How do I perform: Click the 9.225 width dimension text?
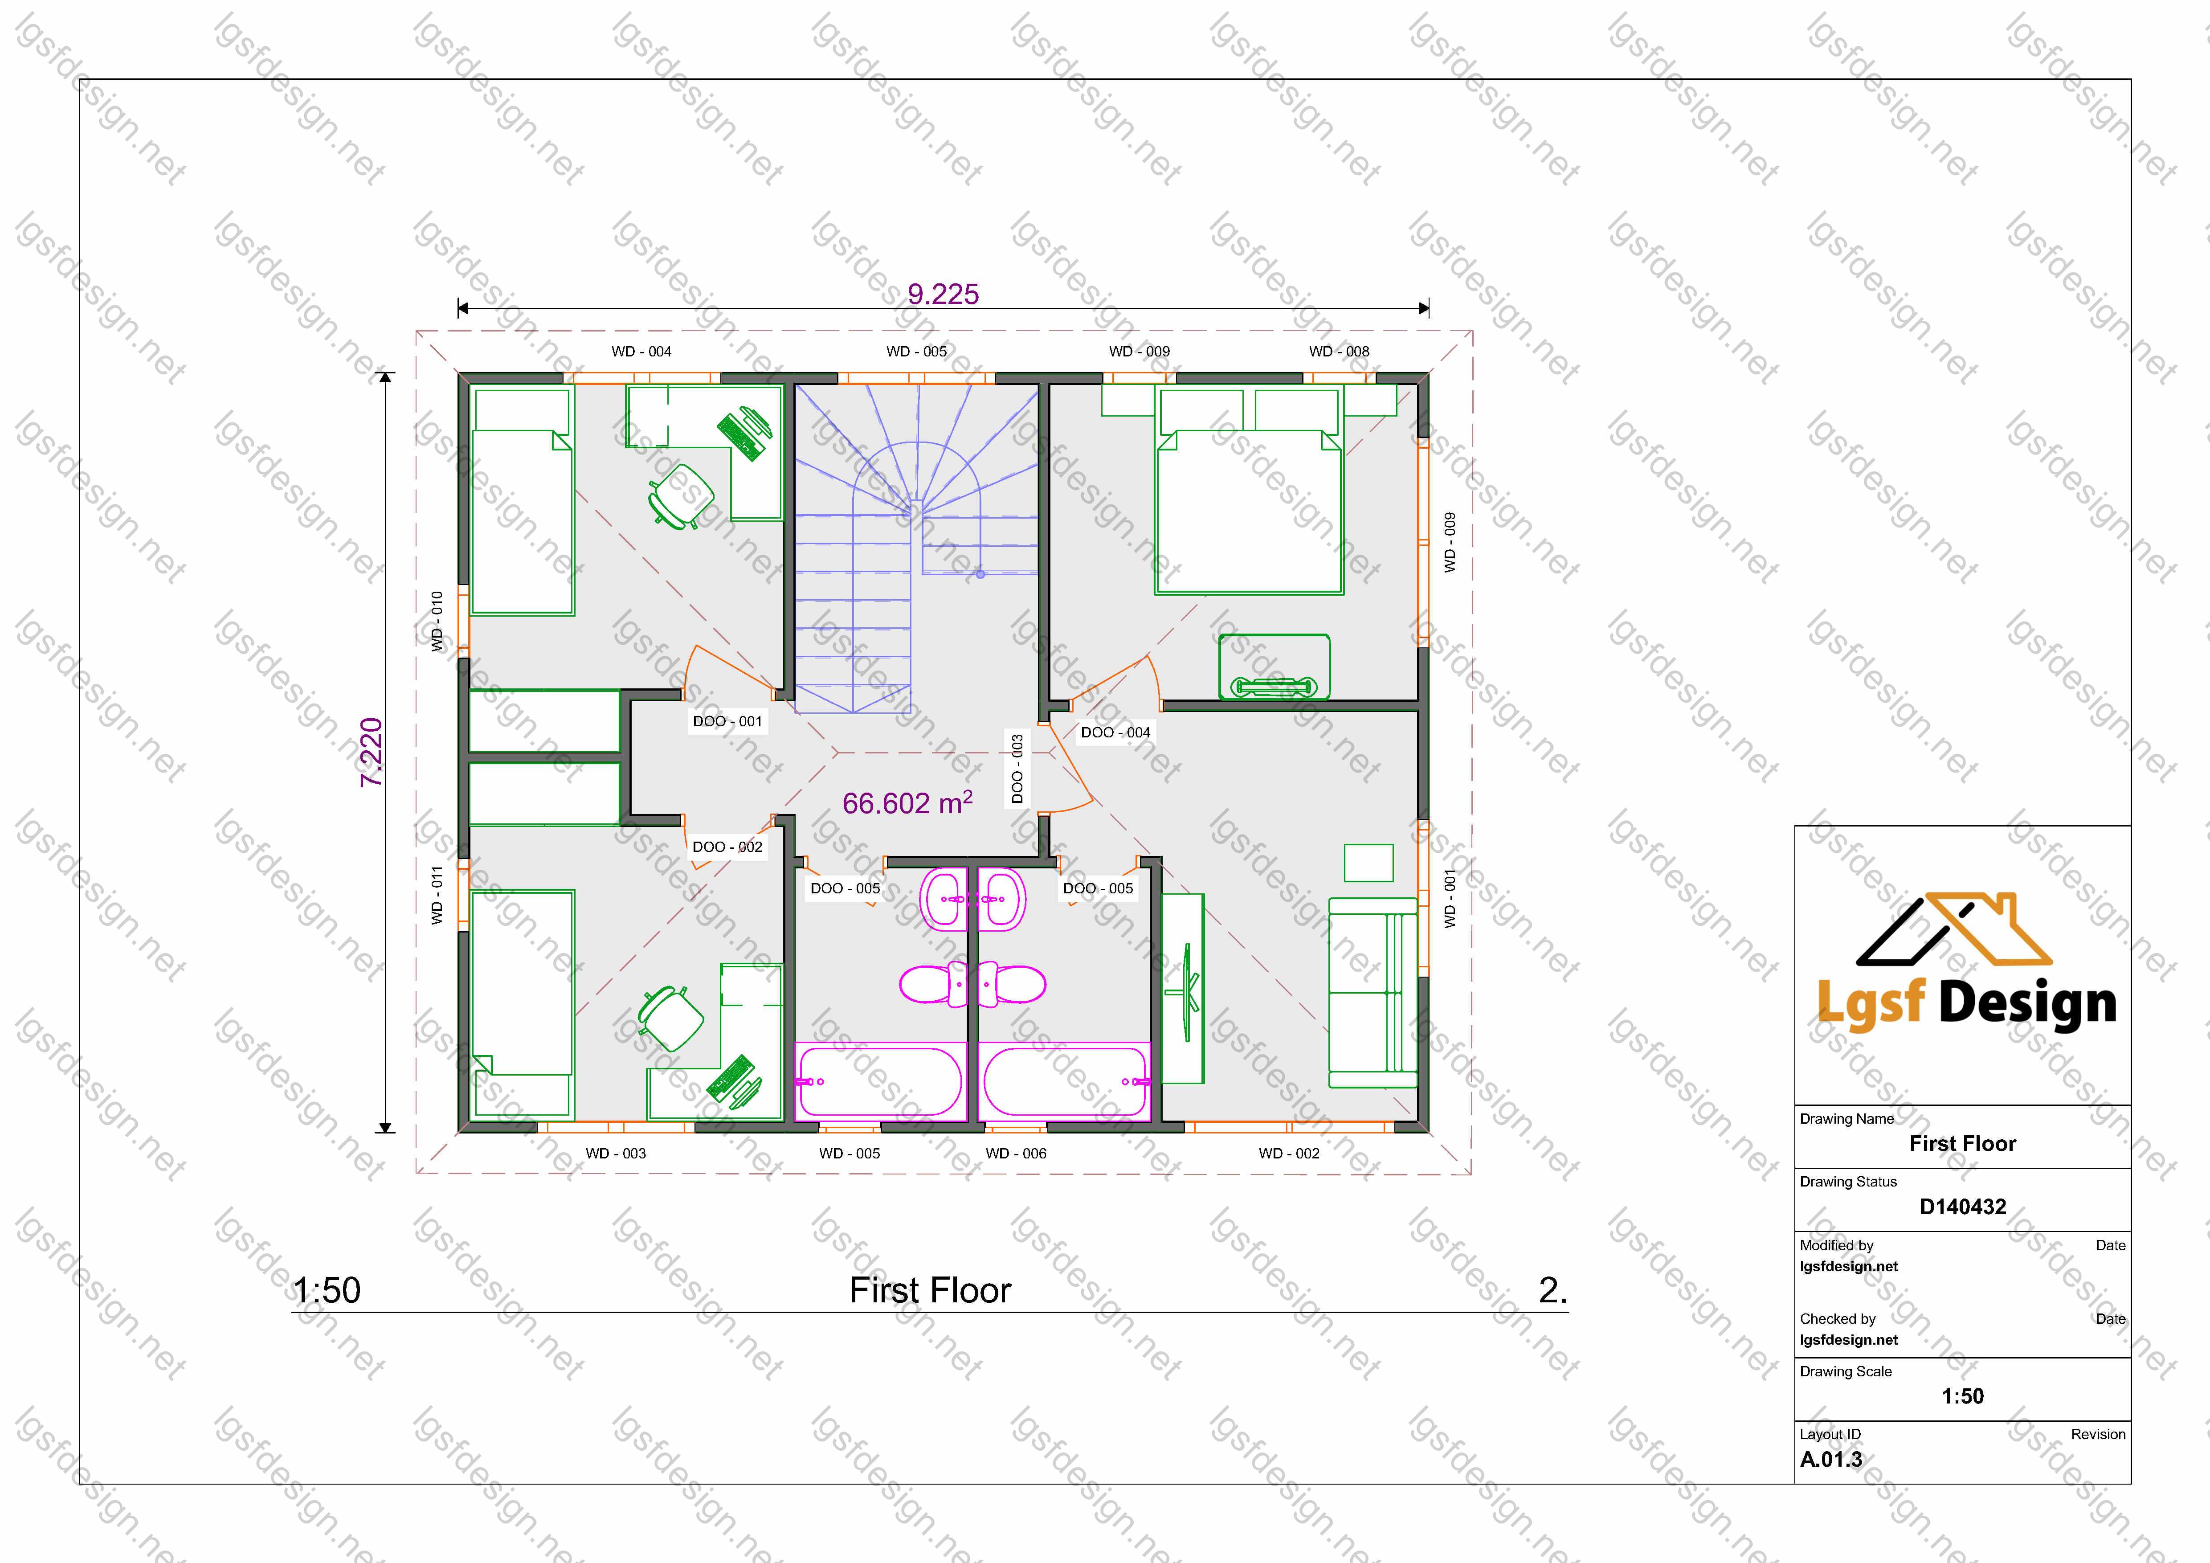[x=944, y=294]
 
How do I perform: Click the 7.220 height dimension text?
[x=372, y=753]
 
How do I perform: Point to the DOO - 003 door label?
[x=1017, y=769]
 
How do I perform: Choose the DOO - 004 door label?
[x=1115, y=732]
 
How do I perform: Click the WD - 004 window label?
[x=641, y=351]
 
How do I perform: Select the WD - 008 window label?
[x=1339, y=351]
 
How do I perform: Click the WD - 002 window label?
[x=1289, y=1153]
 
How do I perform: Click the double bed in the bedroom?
[x=1250, y=491]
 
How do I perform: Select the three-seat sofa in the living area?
[x=1373, y=992]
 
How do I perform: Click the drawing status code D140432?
[x=1963, y=1207]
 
